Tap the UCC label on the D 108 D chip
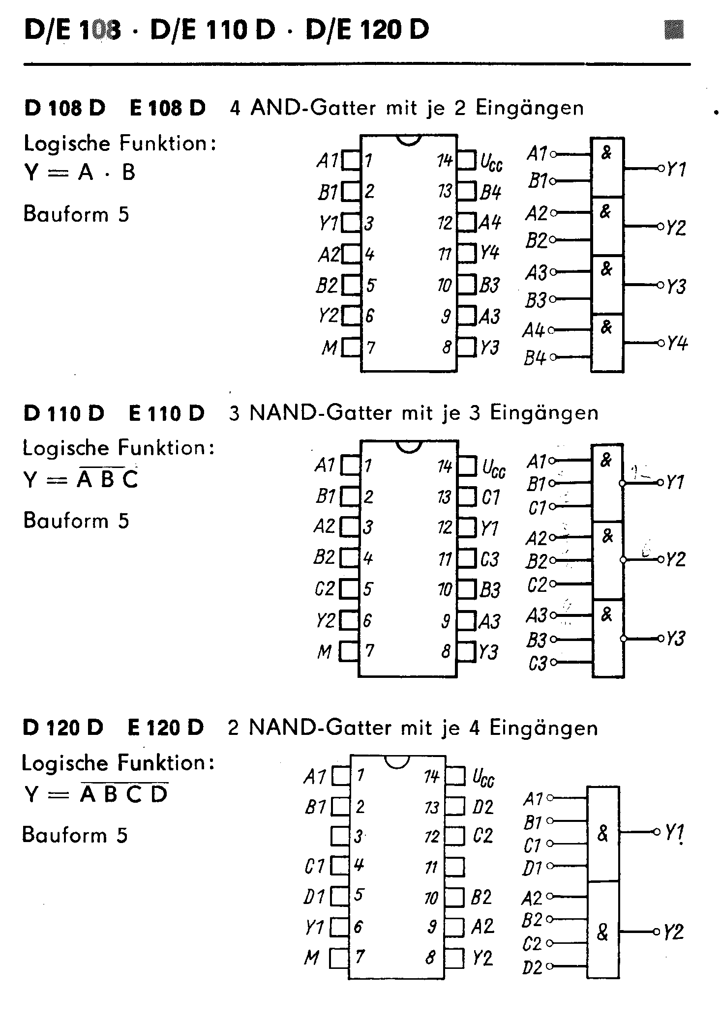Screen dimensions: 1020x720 point(491,162)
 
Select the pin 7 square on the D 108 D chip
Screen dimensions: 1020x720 point(351,347)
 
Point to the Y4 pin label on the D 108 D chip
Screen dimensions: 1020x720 point(490,254)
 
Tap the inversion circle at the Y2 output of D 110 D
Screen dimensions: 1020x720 point(623,559)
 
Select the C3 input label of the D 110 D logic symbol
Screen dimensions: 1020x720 point(538,664)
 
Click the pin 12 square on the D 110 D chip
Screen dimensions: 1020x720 point(467,527)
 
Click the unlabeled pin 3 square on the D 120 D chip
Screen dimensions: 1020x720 point(340,836)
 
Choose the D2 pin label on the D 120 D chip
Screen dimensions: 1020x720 point(482,807)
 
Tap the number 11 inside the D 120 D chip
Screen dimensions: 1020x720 point(431,868)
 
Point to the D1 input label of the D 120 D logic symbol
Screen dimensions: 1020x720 point(532,868)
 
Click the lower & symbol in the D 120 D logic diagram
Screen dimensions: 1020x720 point(602,932)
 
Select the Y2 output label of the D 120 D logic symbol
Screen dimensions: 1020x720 point(674,932)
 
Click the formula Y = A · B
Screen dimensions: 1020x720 point(80,173)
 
